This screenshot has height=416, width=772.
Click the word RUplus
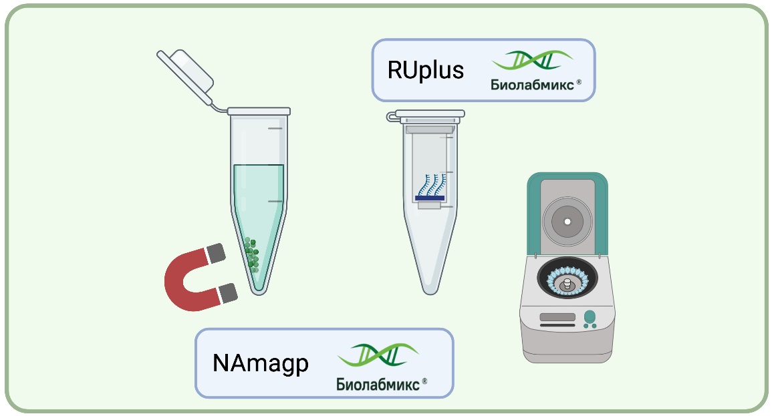[x=425, y=71]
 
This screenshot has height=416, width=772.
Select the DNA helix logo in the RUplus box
[x=532, y=61]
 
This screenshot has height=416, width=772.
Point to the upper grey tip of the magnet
[x=216, y=252]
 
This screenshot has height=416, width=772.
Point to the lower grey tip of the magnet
[x=228, y=292]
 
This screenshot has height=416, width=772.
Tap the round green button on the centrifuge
[x=590, y=316]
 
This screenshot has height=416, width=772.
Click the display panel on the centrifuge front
[x=557, y=317]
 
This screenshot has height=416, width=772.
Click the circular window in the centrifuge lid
[x=567, y=221]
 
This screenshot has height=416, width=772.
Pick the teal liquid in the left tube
[x=259, y=200]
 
